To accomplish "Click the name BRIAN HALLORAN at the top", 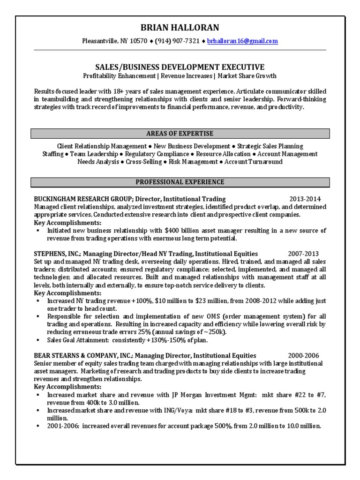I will point(180,28).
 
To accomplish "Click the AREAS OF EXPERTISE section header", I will point(180,134).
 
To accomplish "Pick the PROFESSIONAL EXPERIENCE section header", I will point(180,182).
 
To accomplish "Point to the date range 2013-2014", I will point(305,199).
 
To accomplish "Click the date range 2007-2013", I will point(305,253).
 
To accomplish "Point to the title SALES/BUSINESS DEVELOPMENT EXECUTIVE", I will point(180,67).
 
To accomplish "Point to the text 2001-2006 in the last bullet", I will point(61,426).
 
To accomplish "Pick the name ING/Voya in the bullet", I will point(181,410).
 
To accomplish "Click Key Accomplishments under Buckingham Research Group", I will point(68,223).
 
